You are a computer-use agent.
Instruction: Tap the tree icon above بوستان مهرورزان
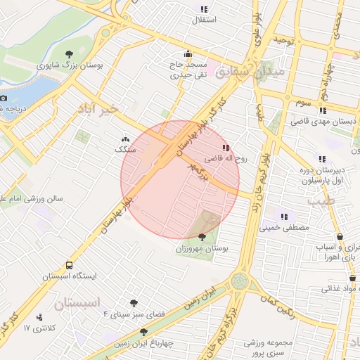[x=202, y=238]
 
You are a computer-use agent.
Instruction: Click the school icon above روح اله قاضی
[x=226, y=148]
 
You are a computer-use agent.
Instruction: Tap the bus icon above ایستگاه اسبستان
[x=69, y=265]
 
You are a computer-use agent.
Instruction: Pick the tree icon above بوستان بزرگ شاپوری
[x=69, y=53]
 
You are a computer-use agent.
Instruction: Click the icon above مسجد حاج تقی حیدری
[x=188, y=53]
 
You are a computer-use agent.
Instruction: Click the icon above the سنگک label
[x=126, y=139]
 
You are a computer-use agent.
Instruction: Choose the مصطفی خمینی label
[x=284, y=228]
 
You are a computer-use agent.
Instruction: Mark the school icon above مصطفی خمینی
[x=284, y=217]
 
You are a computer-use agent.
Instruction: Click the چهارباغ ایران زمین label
[x=144, y=345]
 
